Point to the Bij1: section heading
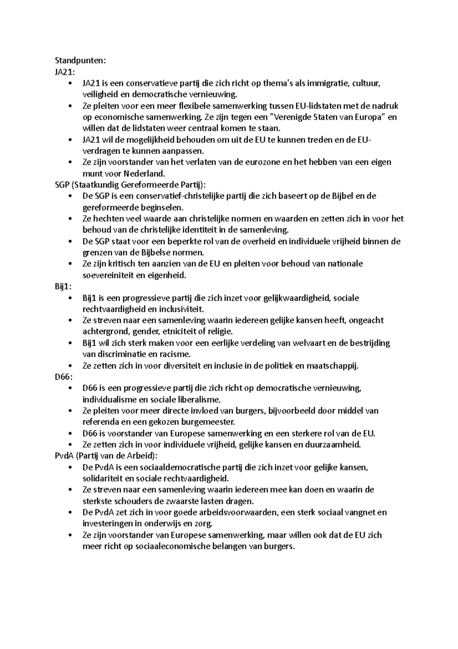[63, 287]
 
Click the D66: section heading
[64, 377]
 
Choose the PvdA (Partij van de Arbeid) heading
[106, 456]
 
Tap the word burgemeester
[209, 422]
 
